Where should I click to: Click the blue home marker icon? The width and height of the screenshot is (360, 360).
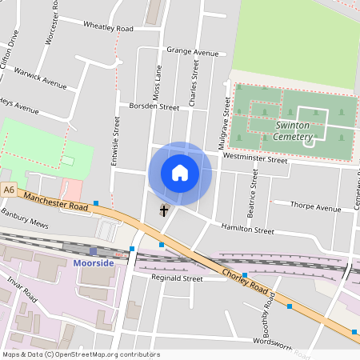point(180,173)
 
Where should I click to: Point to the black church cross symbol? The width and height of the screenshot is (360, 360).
point(165,211)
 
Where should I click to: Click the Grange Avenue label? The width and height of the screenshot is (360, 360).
point(192,51)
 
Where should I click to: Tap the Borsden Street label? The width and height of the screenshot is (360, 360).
point(149,106)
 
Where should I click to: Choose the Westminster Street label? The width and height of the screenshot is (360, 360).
point(254,158)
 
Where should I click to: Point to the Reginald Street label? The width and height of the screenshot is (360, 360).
point(178,278)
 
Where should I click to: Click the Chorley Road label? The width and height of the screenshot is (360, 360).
point(245,282)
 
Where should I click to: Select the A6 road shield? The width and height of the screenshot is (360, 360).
point(9,190)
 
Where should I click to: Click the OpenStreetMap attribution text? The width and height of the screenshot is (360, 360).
point(81,354)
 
